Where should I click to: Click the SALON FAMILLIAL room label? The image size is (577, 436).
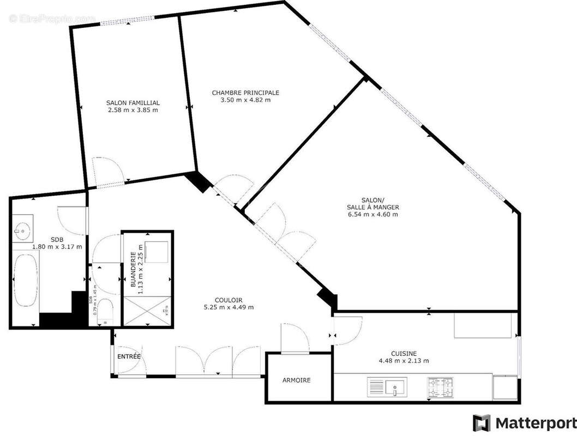point(133,102)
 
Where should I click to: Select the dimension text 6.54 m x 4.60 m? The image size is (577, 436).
point(372,214)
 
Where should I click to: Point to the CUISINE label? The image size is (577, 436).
point(404,353)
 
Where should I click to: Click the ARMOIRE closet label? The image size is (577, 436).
point(297,380)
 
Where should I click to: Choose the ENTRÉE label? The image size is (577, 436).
point(129,356)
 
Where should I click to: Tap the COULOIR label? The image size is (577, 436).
point(229,299)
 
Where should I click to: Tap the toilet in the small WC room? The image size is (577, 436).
point(105,312)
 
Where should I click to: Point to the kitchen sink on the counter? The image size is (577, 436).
point(394,387)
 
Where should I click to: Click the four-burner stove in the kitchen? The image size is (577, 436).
point(440,387)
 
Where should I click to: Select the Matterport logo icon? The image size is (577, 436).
point(481,423)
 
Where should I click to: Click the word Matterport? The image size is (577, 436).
point(536,423)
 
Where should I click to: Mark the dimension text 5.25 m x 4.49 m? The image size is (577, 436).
point(229,307)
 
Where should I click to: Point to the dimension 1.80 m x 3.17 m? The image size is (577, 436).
point(57,247)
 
